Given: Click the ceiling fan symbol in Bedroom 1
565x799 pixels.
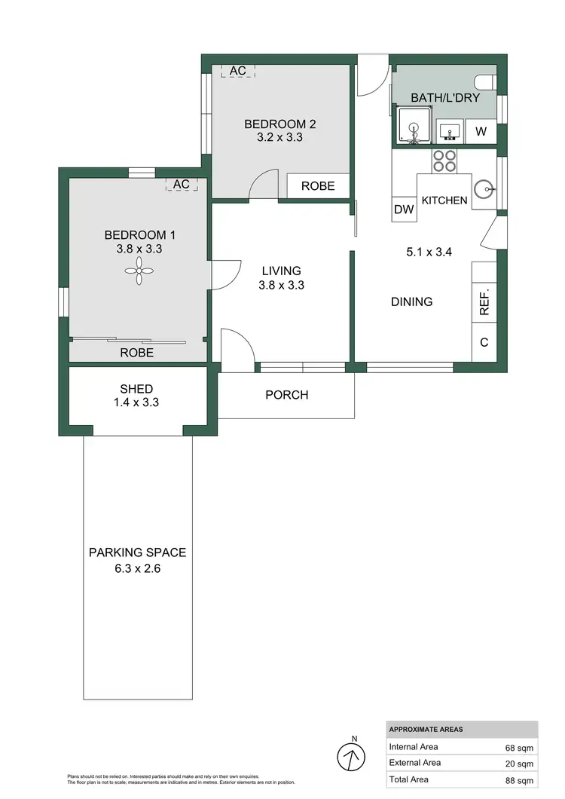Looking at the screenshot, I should click(x=139, y=271).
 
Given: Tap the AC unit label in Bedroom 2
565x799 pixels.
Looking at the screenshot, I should click(x=238, y=71).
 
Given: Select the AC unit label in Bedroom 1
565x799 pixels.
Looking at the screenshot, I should click(x=182, y=184).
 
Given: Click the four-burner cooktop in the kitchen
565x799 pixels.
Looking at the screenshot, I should click(x=444, y=161).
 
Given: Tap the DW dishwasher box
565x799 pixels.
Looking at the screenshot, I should click(x=405, y=210).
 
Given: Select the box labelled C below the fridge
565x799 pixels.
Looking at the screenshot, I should click(x=484, y=342).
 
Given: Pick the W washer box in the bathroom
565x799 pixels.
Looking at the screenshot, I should click(x=481, y=133).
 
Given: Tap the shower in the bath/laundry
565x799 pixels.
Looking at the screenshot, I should click(x=413, y=125).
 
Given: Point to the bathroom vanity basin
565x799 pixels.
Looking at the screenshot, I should click(x=450, y=131).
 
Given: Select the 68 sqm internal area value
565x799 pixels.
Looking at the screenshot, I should click(x=519, y=748).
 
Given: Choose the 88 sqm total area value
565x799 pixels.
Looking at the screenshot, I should click(x=519, y=780).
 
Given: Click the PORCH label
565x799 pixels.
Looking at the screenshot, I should click(x=287, y=394).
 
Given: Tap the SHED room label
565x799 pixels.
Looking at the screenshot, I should click(x=136, y=389).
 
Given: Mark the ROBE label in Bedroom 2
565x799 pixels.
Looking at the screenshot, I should click(x=318, y=185).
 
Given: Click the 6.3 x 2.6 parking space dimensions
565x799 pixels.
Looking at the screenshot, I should click(x=137, y=568).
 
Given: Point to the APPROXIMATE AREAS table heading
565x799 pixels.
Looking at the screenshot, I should click(x=426, y=730).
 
